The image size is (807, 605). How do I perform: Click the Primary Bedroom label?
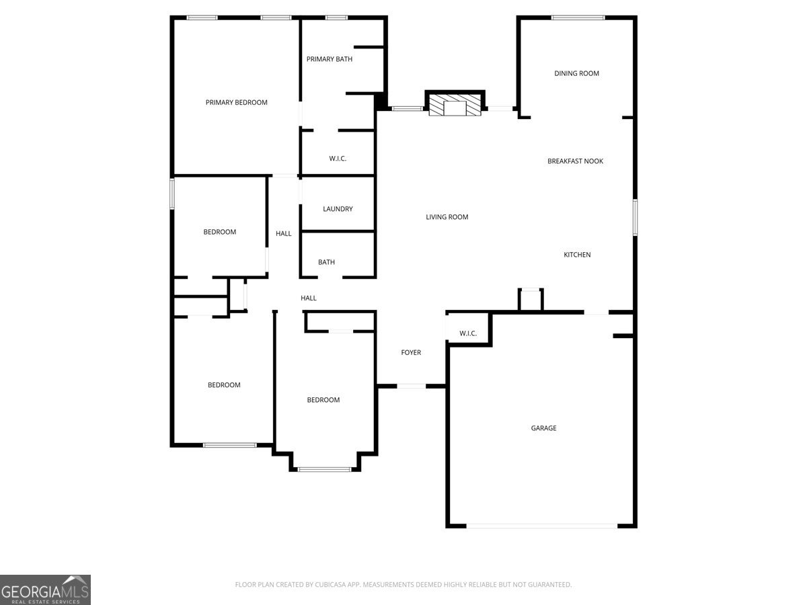point(236,103)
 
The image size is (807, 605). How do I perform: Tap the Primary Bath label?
point(330,59)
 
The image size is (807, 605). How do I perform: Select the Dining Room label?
point(576,73)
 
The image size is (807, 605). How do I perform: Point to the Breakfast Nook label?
point(575,161)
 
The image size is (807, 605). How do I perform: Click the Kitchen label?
point(577,255)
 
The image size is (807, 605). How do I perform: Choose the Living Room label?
point(447,217)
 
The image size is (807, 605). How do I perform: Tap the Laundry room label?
point(338,209)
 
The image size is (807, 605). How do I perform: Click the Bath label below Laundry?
point(326,262)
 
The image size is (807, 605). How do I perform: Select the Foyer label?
point(411,353)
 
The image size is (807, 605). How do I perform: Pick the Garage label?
point(543,428)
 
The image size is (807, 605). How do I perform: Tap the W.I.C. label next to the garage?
point(468,333)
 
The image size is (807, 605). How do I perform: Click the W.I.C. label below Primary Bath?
point(338,159)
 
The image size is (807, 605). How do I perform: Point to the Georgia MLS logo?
point(45,590)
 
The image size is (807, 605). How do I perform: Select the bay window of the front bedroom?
point(324,469)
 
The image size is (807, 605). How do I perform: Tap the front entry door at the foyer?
point(411,386)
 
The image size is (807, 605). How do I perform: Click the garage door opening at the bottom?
point(541,526)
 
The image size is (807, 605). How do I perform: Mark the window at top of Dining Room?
point(578,17)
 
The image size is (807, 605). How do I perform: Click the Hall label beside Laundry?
point(284,234)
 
